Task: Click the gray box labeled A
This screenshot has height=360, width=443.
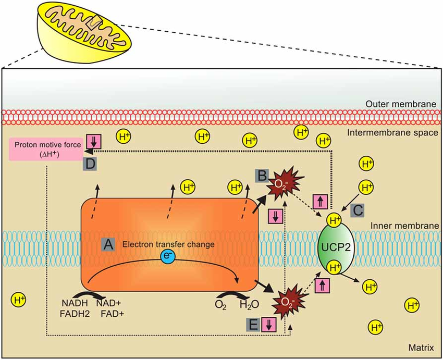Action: (x=108, y=244)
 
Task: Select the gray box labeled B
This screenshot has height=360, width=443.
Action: (x=261, y=176)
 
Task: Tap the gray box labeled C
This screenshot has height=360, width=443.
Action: (x=358, y=209)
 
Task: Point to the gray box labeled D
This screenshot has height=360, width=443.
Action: (x=90, y=165)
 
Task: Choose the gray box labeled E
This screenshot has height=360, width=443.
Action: (x=253, y=325)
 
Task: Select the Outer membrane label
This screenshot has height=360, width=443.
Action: (x=404, y=104)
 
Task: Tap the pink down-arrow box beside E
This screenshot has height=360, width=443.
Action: (x=269, y=325)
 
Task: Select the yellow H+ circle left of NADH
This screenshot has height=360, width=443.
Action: (x=20, y=300)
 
